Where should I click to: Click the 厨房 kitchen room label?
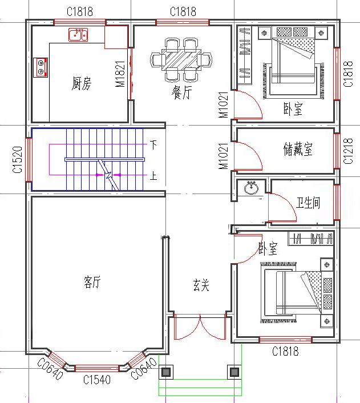click(x=82, y=85)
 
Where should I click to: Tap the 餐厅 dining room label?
click(x=181, y=93)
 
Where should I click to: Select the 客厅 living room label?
click(x=92, y=281)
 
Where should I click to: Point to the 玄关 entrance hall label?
click(x=200, y=284)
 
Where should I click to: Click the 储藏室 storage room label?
click(x=298, y=150)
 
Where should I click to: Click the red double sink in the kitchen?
click(x=78, y=36)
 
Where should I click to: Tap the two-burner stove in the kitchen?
click(x=41, y=66)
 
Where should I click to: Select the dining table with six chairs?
click(x=181, y=59)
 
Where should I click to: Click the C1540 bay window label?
click(x=96, y=379)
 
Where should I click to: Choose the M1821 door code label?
click(x=120, y=74)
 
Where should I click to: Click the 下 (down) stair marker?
click(x=153, y=144)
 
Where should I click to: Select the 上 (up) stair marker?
click(x=153, y=176)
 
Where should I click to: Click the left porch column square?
click(x=166, y=372)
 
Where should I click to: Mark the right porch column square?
click(x=234, y=372)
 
